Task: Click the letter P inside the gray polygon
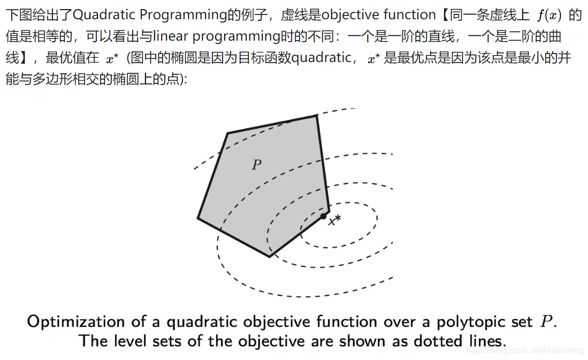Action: (x=257, y=165)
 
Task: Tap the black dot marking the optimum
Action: (x=323, y=216)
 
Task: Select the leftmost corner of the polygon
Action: (x=198, y=218)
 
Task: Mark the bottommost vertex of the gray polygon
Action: (x=269, y=256)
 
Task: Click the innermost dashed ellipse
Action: (x=348, y=203)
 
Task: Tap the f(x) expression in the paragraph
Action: (x=549, y=15)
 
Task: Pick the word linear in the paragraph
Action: (x=170, y=36)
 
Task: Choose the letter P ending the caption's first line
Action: (x=545, y=321)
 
